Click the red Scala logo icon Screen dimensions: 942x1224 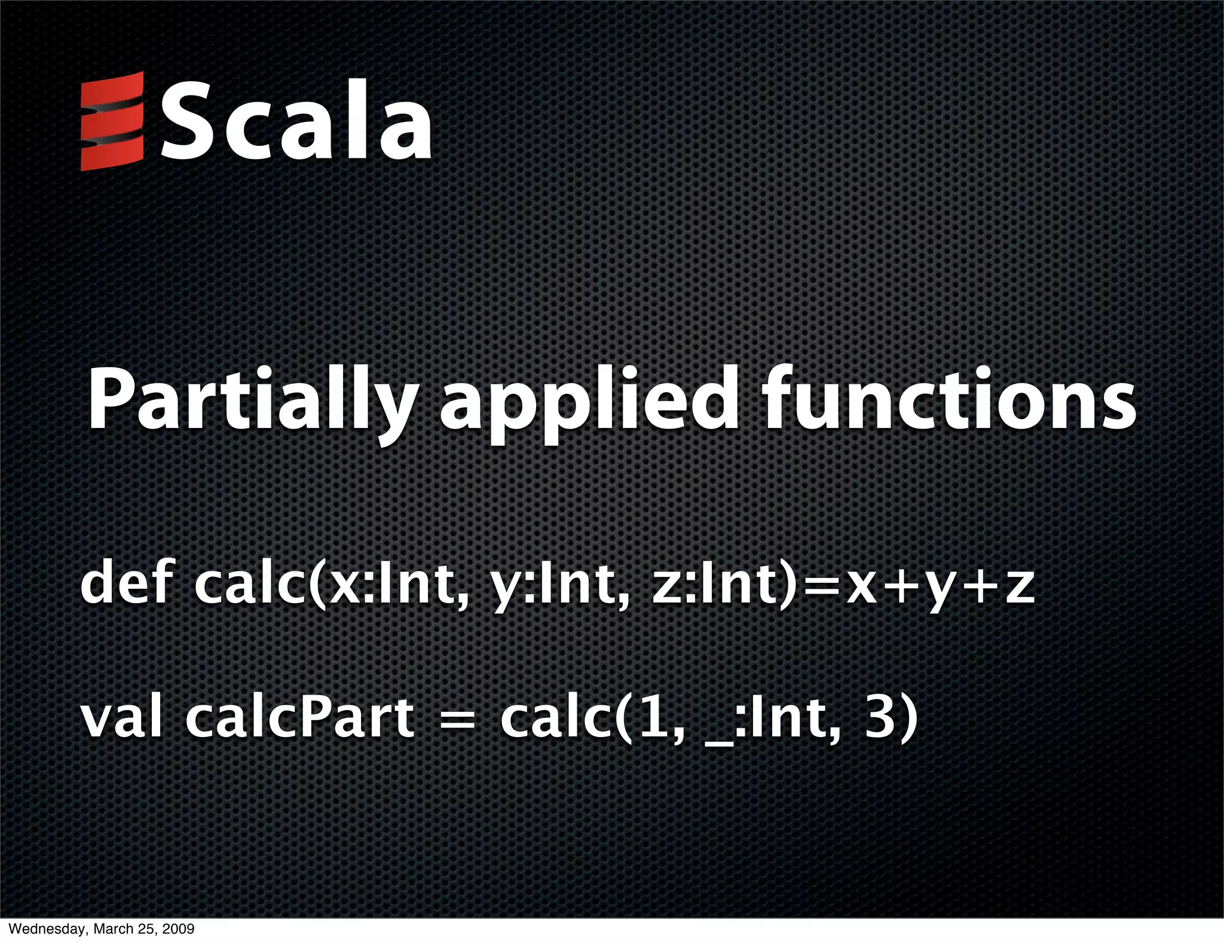(112, 121)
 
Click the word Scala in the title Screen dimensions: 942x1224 (295, 121)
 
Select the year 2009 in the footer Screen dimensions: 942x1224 (178, 929)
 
